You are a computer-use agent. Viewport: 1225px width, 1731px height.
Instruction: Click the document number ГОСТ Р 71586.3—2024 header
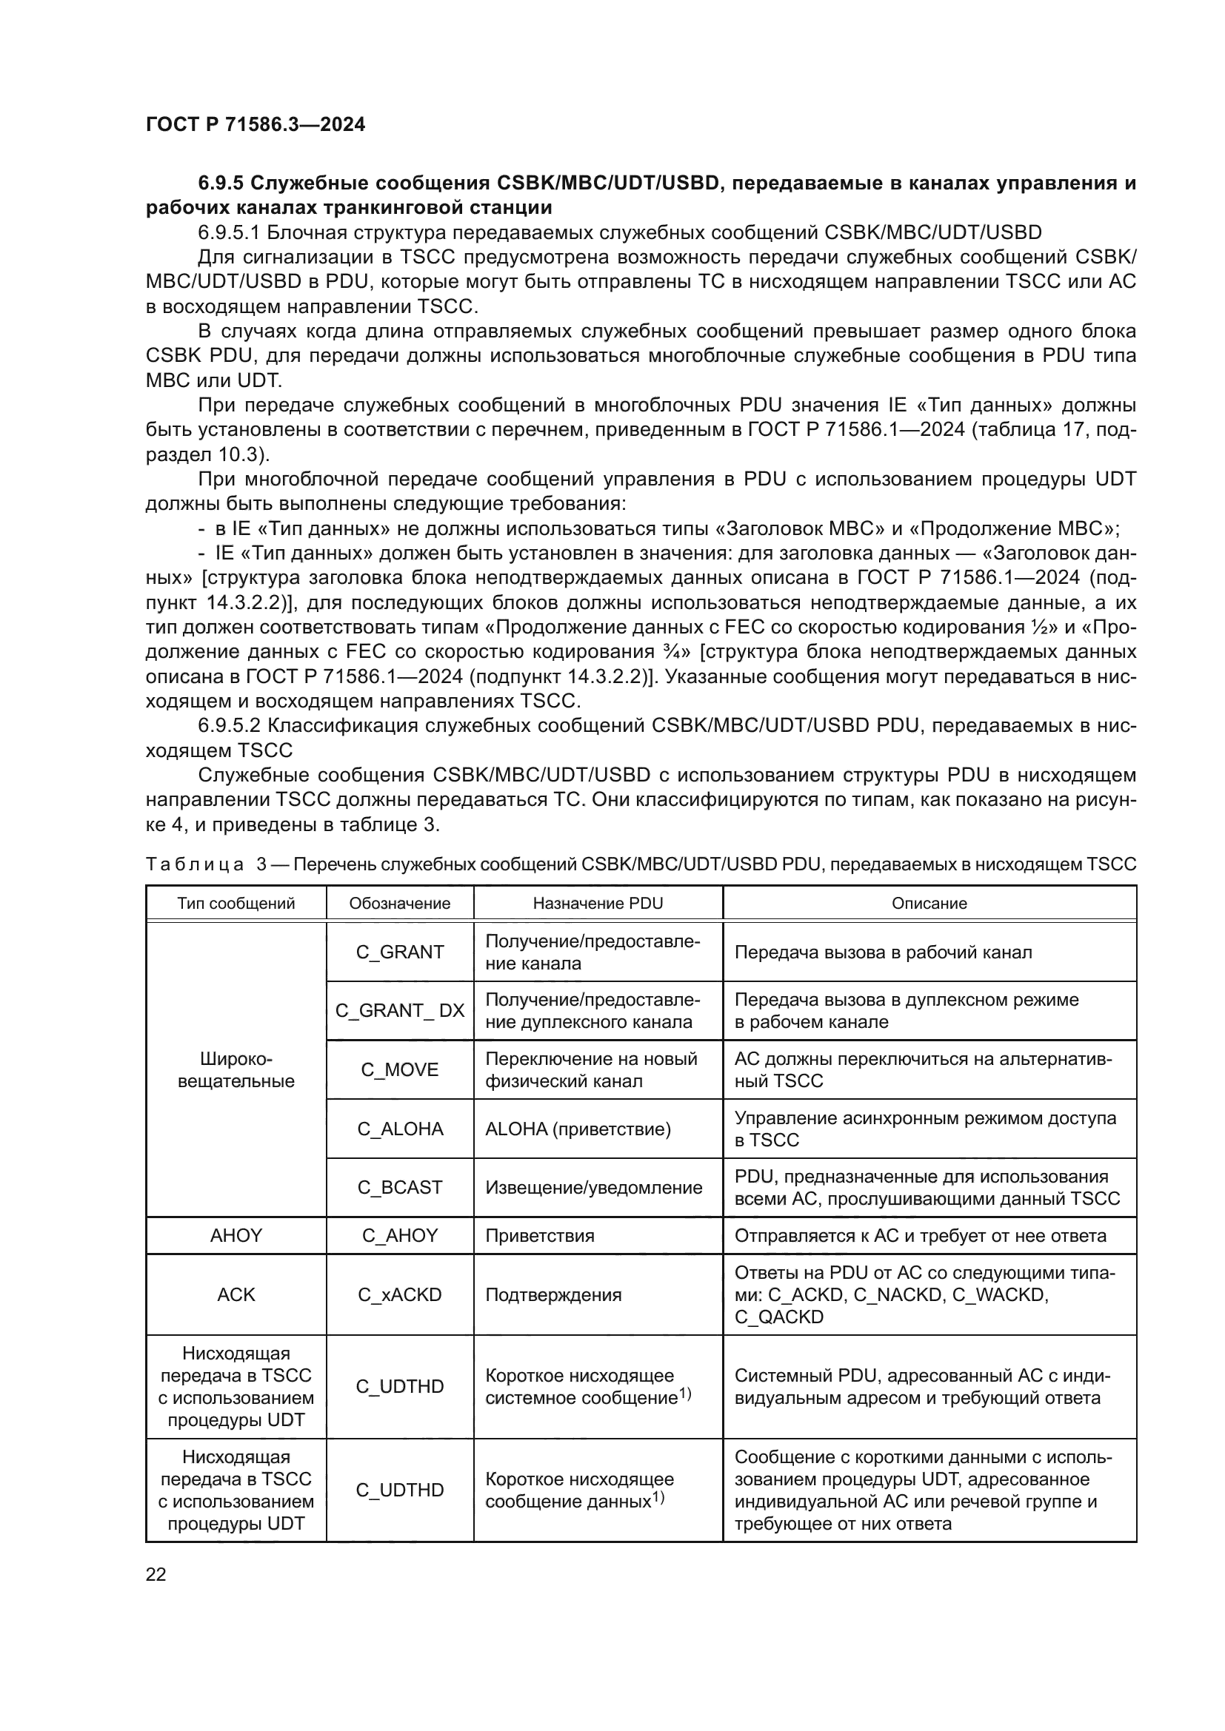[255, 125]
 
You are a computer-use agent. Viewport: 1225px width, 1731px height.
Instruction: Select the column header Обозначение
[399, 903]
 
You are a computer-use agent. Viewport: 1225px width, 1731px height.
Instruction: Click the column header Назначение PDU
[598, 903]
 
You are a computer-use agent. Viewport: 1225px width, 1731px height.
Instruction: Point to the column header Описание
[929, 903]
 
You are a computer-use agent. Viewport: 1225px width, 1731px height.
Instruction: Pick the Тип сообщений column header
[236, 903]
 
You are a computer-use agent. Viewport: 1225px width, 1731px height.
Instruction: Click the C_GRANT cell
[399, 952]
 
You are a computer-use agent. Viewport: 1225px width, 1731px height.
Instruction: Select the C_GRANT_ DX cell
[399, 1010]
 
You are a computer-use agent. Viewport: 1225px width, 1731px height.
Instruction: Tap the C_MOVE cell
[399, 1070]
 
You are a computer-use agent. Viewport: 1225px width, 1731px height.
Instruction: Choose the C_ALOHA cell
[399, 1129]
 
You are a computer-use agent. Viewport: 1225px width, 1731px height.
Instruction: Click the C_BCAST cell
[399, 1187]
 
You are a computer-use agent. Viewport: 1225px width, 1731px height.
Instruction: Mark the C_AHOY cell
[399, 1236]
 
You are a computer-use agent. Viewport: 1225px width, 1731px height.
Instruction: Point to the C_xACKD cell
[399, 1295]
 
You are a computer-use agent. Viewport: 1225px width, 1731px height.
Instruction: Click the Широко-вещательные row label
[236, 1070]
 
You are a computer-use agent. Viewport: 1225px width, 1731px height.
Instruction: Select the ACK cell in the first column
[236, 1295]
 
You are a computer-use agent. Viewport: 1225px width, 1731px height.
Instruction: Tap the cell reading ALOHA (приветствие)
[578, 1129]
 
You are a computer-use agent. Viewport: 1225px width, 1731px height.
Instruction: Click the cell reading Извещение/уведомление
[594, 1187]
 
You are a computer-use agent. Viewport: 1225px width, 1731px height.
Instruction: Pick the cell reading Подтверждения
[553, 1295]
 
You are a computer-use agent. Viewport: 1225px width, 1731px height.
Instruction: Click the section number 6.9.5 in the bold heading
[219, 184]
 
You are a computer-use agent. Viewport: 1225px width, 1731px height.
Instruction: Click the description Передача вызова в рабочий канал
[883, 952]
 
